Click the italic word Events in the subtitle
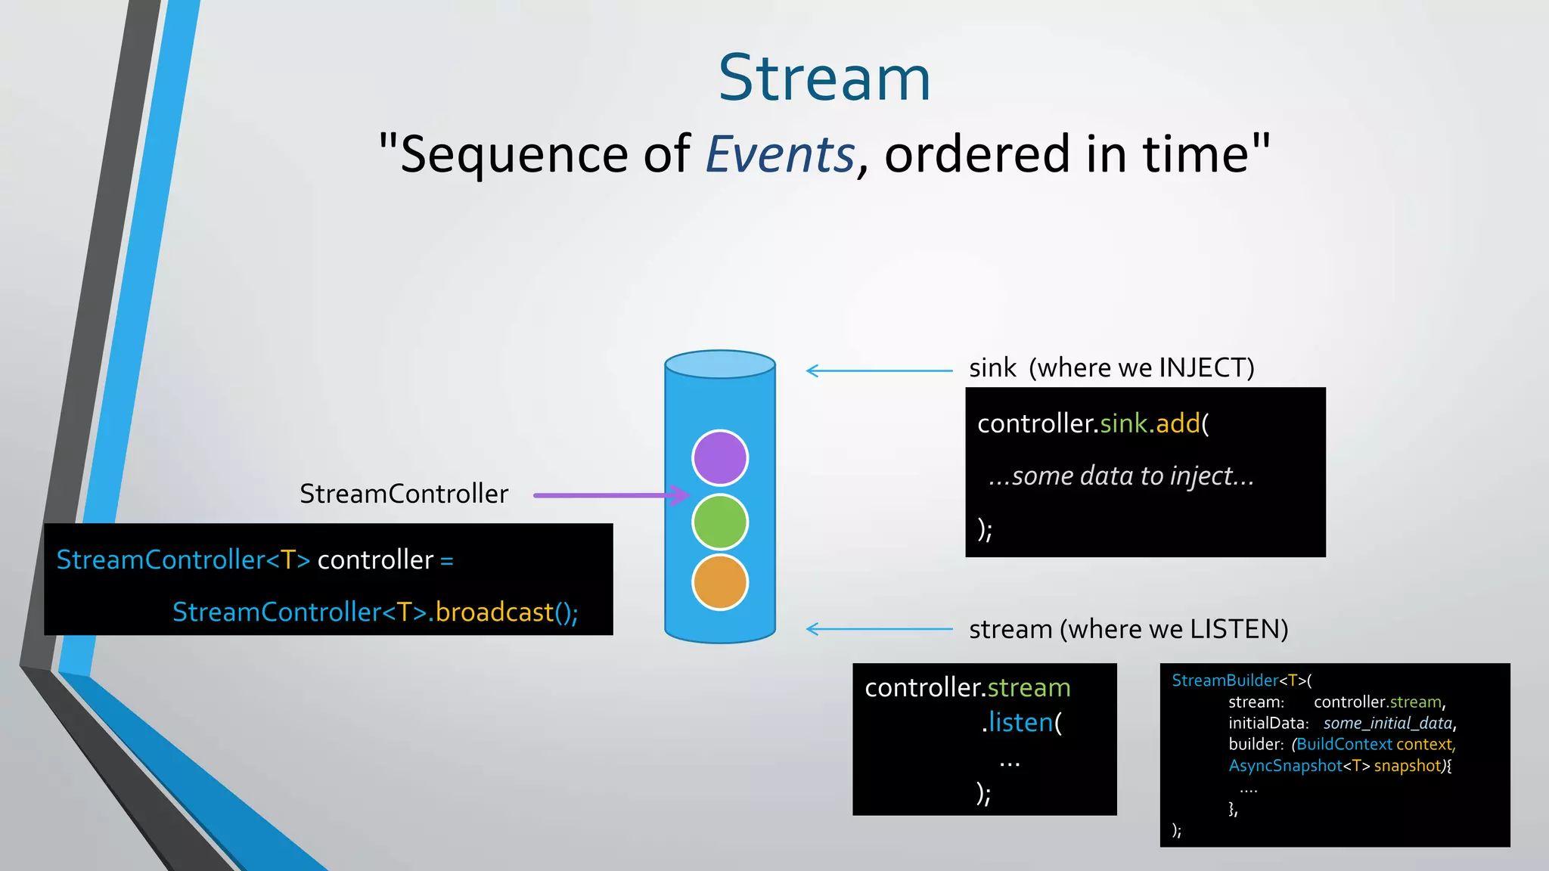[780, 154]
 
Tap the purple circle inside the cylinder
[720, 457]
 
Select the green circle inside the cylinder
[720, 522]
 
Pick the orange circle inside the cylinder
[720, 582]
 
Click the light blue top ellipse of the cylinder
[720, 364]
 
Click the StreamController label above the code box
[404, 494]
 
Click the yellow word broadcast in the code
[494, 612]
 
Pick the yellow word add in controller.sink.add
[1178, 423]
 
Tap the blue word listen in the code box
[1020, 723]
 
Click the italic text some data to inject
[1122, 476]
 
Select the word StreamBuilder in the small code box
[1224, 680]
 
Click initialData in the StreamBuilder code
[1268, 724]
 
